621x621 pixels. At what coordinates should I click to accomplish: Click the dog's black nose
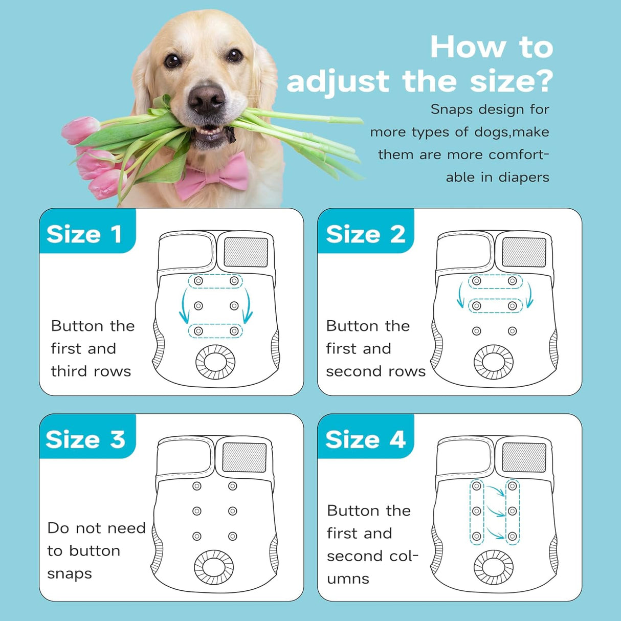(207, 98)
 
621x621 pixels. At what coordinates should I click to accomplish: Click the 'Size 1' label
(84, 234)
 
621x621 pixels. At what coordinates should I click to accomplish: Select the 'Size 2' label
(365, 234)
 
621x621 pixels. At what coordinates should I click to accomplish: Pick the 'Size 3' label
(85, 439)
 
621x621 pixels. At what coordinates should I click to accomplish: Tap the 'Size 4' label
(365, 439)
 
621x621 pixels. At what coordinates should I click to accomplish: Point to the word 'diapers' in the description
(523, 178)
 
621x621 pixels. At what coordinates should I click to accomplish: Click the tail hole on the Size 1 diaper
(215, 362)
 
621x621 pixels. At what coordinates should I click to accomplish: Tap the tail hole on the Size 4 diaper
(494, 567)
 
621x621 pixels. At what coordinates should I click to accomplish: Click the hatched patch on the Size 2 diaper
(524, 252)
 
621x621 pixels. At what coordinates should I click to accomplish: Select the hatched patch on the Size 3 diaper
(245, 457)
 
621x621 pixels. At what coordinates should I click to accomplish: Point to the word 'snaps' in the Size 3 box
(70, 574)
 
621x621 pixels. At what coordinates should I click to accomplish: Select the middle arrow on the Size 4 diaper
(495, 512)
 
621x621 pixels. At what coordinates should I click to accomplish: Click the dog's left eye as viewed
(173, 60)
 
